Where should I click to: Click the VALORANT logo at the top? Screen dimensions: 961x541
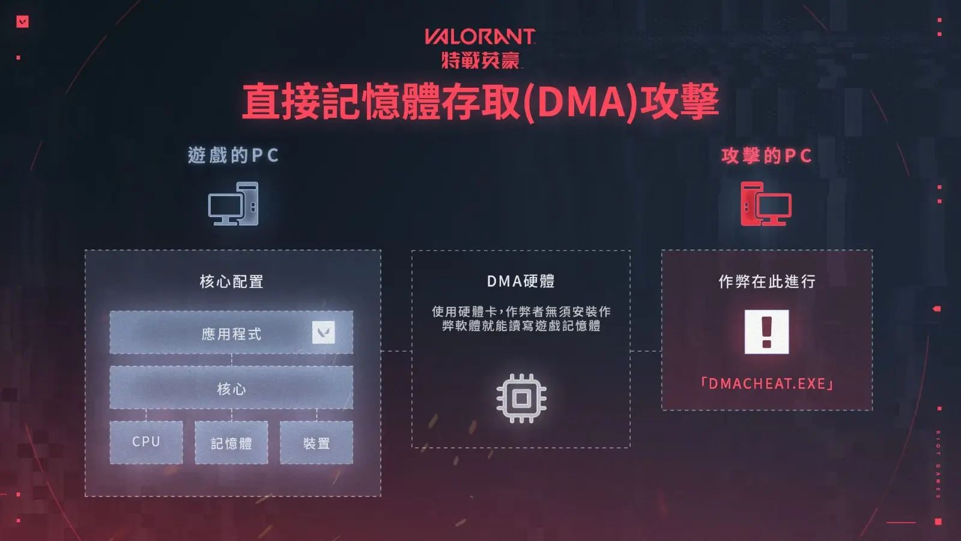coord(480,37)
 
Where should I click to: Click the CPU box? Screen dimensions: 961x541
coord(147,442)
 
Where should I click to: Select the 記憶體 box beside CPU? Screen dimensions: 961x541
coord(231,442)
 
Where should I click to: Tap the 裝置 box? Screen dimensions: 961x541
coord(317,442)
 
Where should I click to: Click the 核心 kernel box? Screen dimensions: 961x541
coord(231,387)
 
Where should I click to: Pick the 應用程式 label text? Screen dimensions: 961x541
coord(231,334)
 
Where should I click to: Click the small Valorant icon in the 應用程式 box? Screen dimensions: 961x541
coord(324,332)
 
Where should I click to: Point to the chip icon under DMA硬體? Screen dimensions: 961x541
coord(521,399)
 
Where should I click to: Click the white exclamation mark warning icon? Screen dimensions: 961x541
coord(766,332)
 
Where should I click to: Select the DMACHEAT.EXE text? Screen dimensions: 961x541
coord(766,384)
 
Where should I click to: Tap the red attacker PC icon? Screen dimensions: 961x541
coord(766,204)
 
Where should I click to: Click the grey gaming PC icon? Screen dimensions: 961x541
coord(234,204)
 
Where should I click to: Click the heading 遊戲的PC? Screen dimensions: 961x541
coord(234,155)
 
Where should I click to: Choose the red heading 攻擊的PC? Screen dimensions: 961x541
coord(766,156)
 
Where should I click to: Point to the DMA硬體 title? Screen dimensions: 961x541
coord(521,281)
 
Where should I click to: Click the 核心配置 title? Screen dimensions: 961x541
coord(232,282)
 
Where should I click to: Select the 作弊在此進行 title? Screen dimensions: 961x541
coord(767,282)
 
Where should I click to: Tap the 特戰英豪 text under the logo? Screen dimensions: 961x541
coord(480,60)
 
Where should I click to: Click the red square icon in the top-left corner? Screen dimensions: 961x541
coord(22,22)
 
